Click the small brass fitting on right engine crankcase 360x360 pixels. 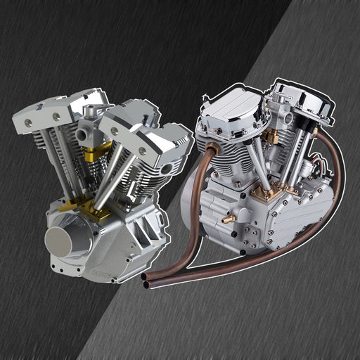pyautogui.click(x=227, y=219)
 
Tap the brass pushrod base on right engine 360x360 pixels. pyautogui.click(x=269, y=190)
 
